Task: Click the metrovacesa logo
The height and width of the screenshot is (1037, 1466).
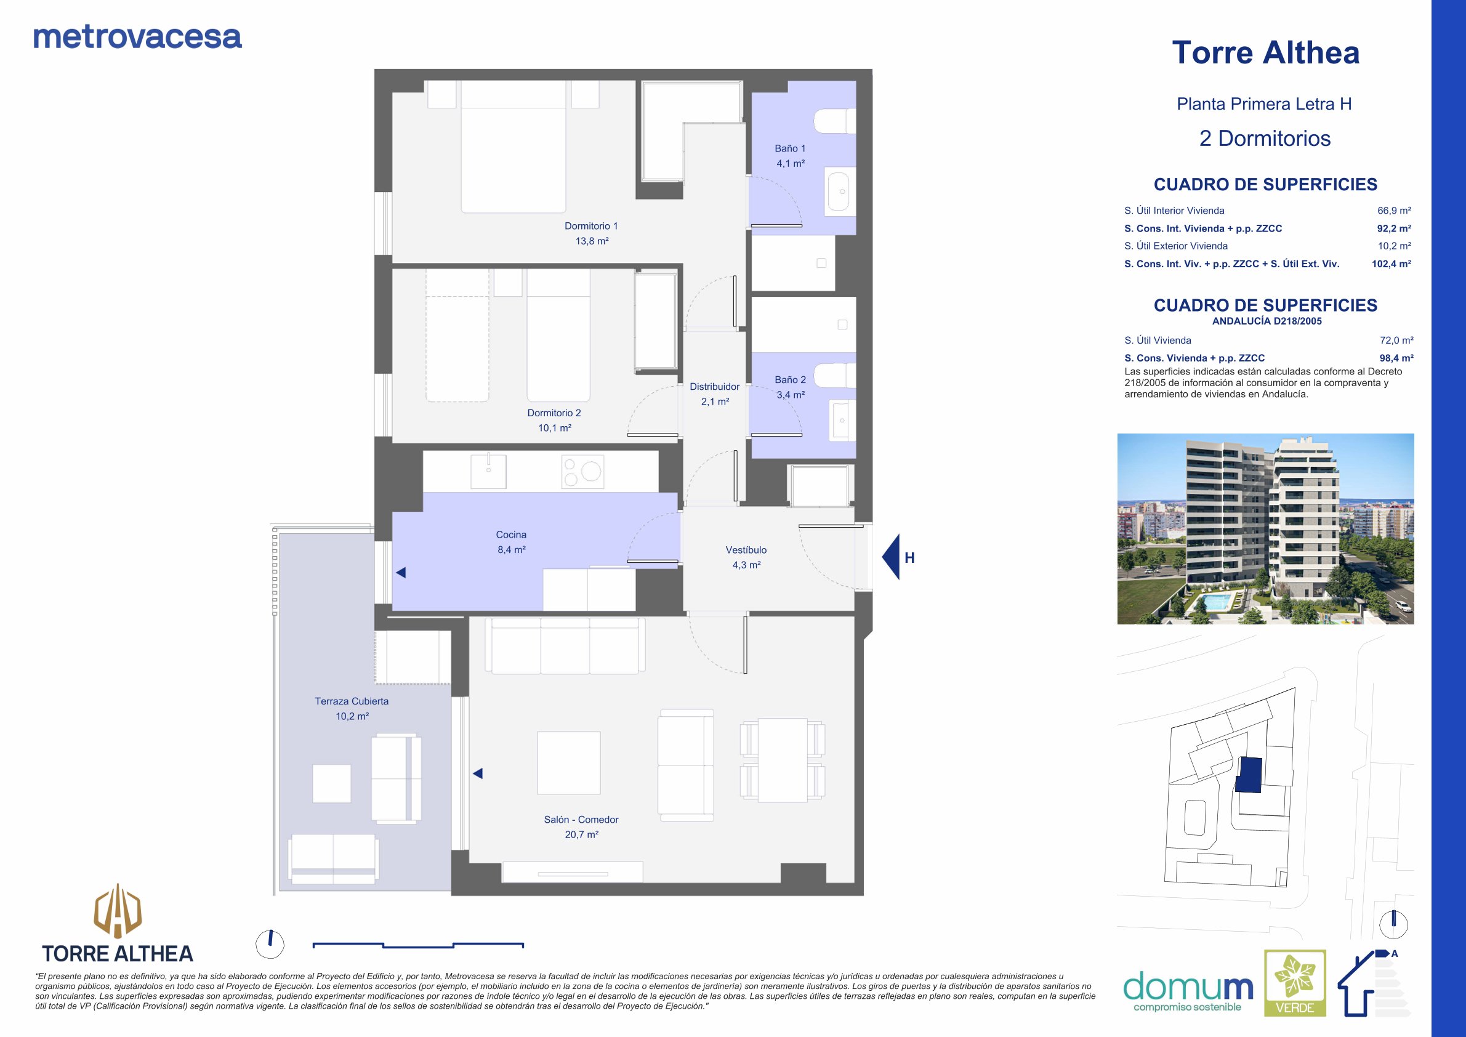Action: (137, 37)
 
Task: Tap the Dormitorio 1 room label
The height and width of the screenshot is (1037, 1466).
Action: (591, 226)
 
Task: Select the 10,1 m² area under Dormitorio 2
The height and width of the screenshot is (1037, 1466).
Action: (554, 428)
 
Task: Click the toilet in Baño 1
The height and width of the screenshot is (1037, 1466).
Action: (835, 121)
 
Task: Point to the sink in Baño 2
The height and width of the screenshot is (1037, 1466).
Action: (842, 420)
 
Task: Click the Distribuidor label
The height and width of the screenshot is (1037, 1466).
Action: (714, 386)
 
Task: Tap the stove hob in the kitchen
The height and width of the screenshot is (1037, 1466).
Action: (583, 472)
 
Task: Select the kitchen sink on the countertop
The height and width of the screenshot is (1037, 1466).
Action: (488, 471)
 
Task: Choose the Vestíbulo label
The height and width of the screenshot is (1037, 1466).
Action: (746, 550)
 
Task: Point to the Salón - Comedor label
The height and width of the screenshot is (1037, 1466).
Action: (581, 819)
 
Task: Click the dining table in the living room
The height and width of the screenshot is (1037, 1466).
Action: (783, 760)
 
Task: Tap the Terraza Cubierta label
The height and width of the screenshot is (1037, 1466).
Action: (352, 701)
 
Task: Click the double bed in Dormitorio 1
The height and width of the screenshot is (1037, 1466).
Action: (514, 146)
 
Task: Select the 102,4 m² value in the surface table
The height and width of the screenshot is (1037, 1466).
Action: (1391, 264)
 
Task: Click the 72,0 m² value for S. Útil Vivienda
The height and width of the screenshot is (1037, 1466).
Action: (1396, 341)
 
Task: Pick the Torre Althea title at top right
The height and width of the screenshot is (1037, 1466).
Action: (1265, 52)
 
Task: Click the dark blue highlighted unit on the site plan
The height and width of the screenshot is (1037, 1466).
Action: (1249, 775)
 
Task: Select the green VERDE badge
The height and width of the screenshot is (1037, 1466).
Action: (1295, 983)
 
